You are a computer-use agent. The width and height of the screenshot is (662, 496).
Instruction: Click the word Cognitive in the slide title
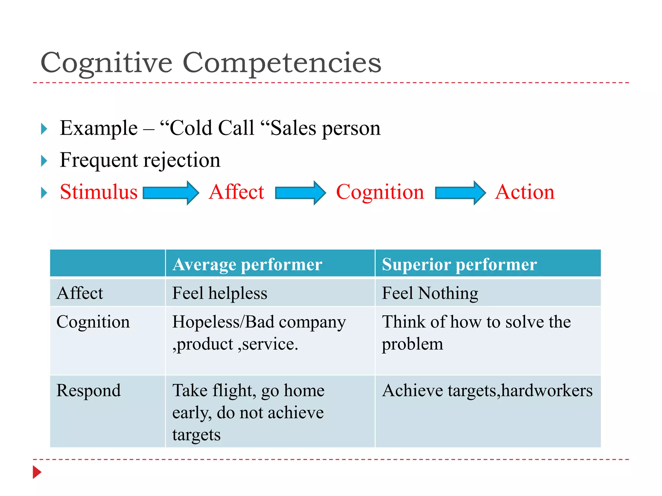pos(107,63)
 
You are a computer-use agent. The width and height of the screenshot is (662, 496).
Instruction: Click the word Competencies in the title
pos(282,63)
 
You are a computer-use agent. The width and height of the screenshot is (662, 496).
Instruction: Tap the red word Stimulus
pos(99,192)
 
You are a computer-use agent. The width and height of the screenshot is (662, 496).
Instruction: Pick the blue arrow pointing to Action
pos(461,193)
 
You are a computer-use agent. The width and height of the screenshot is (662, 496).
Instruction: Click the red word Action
pos(525,192)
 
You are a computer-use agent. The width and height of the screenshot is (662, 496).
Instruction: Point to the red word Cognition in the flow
pos(380,192)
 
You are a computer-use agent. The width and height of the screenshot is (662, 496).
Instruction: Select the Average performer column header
pos(247,264)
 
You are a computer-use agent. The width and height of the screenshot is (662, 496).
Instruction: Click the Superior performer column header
pos(459,264)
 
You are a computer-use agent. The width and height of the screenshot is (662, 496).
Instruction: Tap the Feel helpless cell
pos(220,293)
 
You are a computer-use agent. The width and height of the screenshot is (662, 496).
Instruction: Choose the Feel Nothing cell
pos(430,293)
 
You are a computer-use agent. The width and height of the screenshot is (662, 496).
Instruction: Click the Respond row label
pos(89,390)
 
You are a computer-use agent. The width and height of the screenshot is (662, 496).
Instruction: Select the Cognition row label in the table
pos(93,322)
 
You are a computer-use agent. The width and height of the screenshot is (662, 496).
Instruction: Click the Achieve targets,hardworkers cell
pos(487,390)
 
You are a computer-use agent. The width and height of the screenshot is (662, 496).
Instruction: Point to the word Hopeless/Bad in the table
pos(223,322)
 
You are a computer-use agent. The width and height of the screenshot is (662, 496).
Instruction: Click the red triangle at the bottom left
pos(37,472)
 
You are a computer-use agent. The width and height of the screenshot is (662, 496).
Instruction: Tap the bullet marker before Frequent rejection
pos(44,161)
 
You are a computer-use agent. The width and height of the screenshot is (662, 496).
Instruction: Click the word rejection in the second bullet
pos(182,160)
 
